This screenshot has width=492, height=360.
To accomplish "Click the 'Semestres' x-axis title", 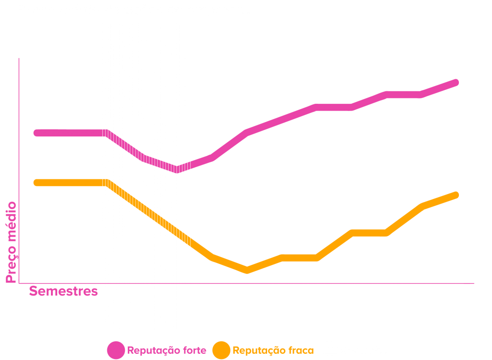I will [x=63, y=291].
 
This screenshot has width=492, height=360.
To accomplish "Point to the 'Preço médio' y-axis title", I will [x=11, y=242].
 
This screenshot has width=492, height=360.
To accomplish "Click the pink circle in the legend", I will [x=116, y=350].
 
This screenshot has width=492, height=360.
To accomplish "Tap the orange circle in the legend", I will [x=221, y=350].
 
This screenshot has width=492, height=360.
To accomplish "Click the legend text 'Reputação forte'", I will [x=167, y=350].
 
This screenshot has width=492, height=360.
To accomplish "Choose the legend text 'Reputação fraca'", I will [x=273, y=350].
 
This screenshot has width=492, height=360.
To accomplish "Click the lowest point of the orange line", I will [x=247, y=270].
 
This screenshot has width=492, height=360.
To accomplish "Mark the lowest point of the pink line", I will [x=176, y=169].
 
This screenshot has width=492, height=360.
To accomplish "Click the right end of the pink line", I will [x=455, y=83].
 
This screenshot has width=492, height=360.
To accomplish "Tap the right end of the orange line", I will [x=455, y=195].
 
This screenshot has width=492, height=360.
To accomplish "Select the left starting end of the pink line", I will [x=37, y=133].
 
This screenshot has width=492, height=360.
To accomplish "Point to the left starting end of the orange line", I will [x=37, y=183].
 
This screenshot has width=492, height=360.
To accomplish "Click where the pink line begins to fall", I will [x=106, y=133].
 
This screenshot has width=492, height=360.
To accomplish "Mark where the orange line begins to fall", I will [x=106, y=183].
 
